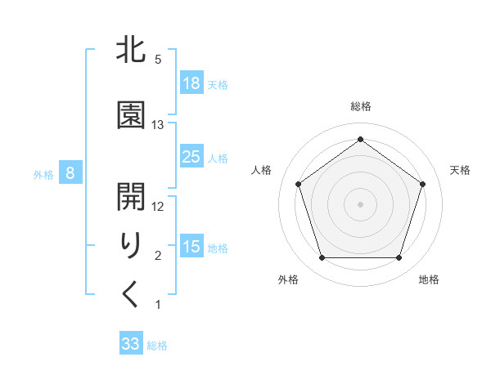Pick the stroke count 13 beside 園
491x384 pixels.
(158, 124)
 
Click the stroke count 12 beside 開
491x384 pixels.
(158, 207)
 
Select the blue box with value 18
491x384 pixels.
(191, 83)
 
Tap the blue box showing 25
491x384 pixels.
(191, 157)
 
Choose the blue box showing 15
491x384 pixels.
(191, 247)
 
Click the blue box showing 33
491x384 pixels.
(131, 344)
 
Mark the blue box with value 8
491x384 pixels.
(70, 173)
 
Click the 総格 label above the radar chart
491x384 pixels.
(360, 106)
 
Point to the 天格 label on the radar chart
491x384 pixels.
(460, 170)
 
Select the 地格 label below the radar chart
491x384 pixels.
(429, 279)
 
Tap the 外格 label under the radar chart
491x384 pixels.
(288, 279)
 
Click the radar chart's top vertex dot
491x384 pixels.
(360, 140)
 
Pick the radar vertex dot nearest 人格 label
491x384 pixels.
(299, 184)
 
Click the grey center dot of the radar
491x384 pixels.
(360, 203)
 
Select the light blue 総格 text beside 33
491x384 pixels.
(157, 346)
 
